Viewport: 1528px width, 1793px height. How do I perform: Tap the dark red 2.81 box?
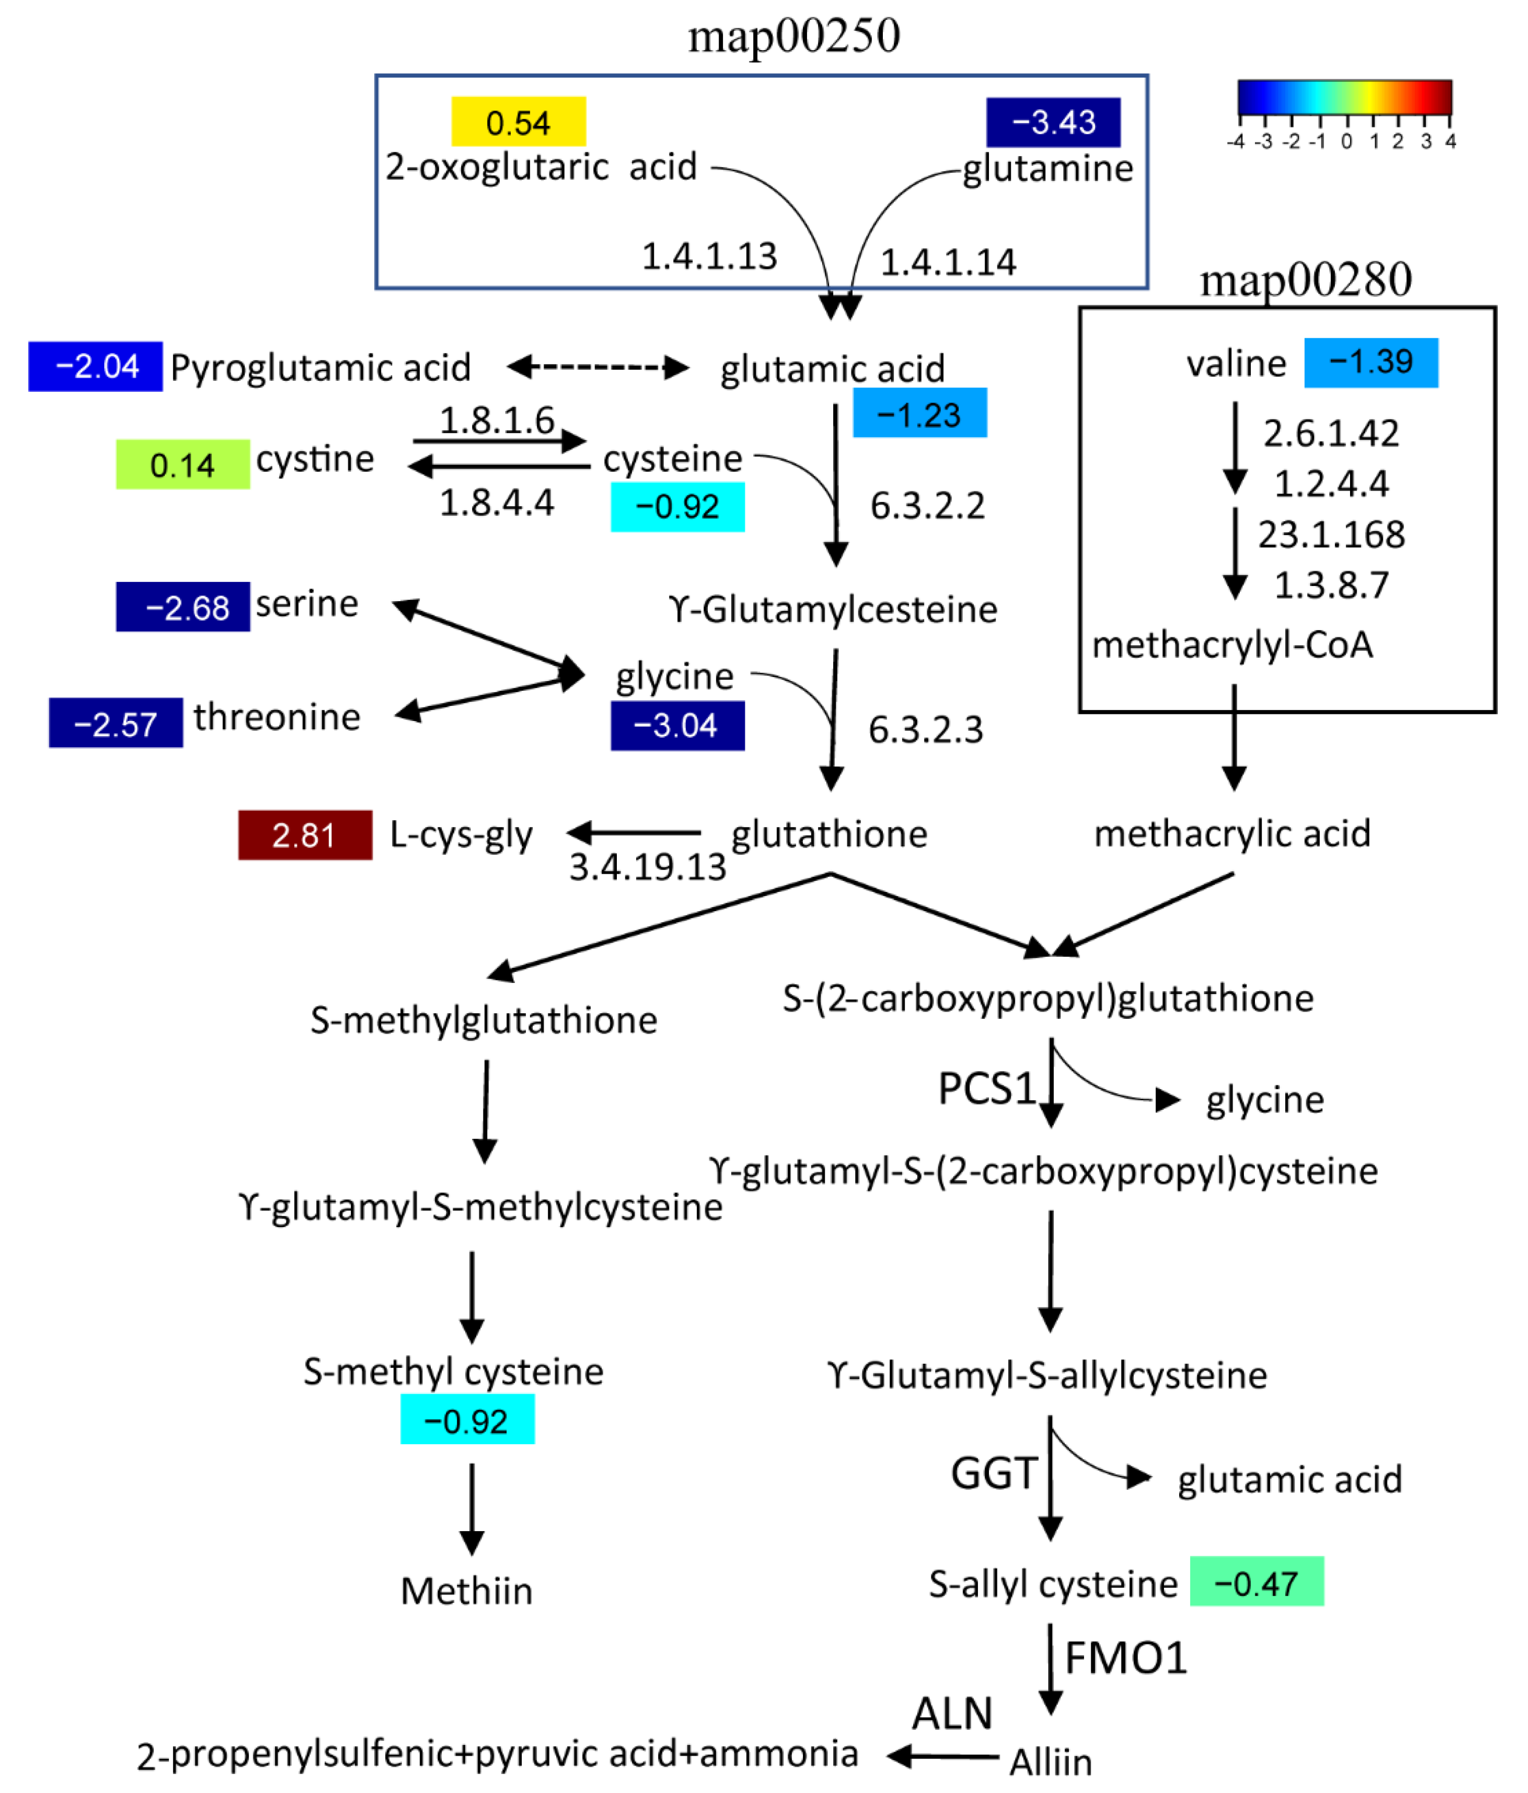pyautogui.click(x=304, y=834)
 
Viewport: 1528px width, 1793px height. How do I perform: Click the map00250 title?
pyautogui.click(x=793, y=36)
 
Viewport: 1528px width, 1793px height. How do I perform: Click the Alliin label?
pyautogui.click(x=1050, y=1761)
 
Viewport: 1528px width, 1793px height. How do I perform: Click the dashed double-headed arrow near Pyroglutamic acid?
pyautogui.click(x=597, y=367)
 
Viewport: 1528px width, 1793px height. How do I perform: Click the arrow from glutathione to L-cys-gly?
pyautogui.click(x=634, y=832)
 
